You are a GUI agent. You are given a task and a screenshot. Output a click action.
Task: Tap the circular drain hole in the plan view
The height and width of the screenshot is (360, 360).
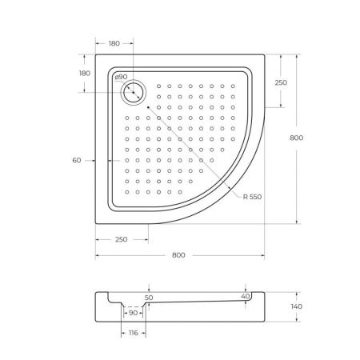[133, 93]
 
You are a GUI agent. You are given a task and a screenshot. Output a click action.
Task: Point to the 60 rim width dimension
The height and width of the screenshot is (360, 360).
[77, 161]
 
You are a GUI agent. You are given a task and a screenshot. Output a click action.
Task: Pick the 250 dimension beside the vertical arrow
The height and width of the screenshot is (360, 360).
[281, 82]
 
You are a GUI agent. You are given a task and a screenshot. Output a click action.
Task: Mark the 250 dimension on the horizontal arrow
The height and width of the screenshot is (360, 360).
[121, 238]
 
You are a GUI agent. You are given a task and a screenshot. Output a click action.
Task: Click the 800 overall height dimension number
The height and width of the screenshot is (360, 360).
[297, 138]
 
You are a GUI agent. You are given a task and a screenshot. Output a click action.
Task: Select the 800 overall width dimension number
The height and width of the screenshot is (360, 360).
[178, 254]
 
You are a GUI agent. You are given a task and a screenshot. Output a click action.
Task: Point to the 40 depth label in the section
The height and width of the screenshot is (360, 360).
[246, 295]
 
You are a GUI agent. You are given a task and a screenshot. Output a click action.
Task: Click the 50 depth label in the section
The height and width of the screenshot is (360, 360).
[149, 297]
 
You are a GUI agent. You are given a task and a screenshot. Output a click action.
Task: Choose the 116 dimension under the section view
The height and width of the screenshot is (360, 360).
[133, 332]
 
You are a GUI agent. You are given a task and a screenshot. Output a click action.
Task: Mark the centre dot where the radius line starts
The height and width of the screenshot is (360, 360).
[148, 106]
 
